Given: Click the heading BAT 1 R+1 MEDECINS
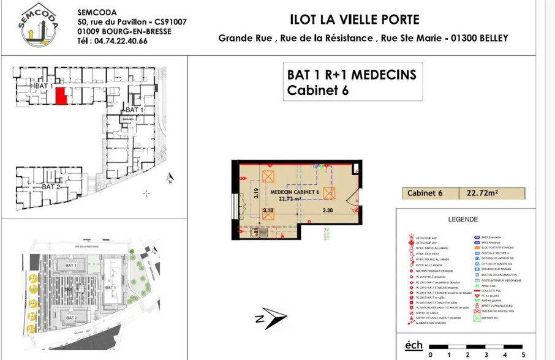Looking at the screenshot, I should tap(351, 75).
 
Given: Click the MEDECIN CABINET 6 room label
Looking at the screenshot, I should tap(295, 192).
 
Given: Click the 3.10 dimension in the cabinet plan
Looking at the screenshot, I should tap(268, 211).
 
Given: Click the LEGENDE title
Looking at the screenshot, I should tap(463, 219).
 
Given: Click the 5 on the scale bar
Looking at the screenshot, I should tap(523, 353).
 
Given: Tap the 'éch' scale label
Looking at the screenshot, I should tap(413, 346).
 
